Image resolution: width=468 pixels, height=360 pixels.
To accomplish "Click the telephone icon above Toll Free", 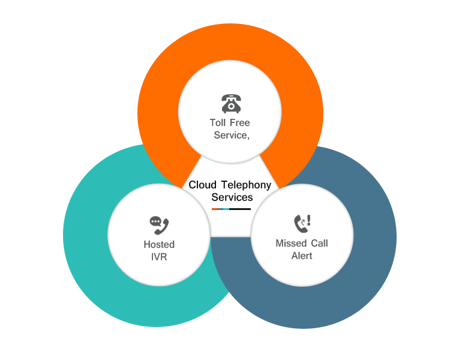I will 231,103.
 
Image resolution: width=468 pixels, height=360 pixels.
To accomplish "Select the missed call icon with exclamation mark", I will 302,223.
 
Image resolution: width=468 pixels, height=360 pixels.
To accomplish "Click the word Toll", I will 218,123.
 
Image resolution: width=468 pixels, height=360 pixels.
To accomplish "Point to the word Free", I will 239,123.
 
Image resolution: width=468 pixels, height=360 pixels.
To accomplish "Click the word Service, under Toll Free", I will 232,136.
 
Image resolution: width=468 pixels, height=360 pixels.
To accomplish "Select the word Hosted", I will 159,245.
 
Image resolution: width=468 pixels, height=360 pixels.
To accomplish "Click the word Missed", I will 291,244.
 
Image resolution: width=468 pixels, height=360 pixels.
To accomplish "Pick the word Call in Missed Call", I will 319,244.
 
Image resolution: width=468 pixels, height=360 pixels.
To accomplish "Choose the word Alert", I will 302,256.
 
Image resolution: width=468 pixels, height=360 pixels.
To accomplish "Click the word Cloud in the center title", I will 202,185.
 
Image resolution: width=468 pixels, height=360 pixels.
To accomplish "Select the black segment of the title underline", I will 240,209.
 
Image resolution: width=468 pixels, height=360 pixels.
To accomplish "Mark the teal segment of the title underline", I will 225,209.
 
